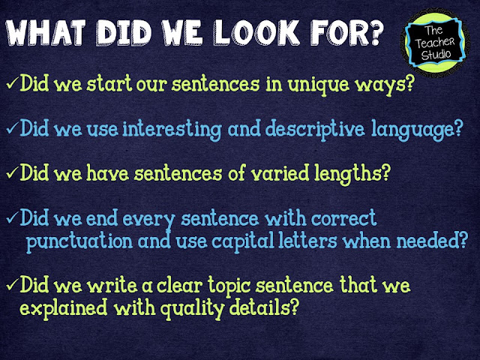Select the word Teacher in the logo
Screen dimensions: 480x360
[435, 43]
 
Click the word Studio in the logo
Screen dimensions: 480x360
[436, 55]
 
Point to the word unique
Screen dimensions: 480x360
[318, 85]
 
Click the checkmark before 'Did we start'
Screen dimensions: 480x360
[12, 83]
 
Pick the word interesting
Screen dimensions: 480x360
[172, 130]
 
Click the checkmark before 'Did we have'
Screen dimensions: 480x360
[12, 172]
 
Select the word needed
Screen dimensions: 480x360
[432, 241]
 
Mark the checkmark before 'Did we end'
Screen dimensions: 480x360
[12, 218]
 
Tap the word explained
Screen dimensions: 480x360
[64, 308]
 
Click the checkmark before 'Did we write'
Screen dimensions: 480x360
[12, 284]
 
